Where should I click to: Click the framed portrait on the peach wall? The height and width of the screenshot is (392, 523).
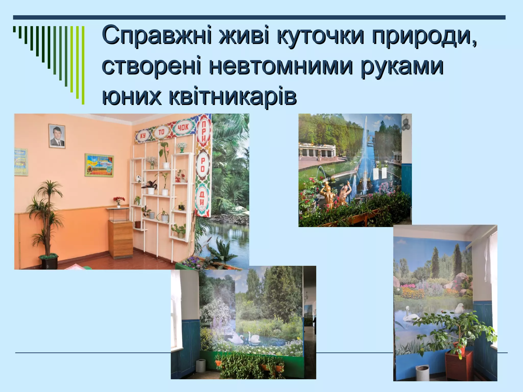[x=57, y=136]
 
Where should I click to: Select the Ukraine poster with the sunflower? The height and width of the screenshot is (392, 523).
[x=99, y=165]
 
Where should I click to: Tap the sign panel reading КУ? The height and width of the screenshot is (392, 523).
[x=143, y=136]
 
